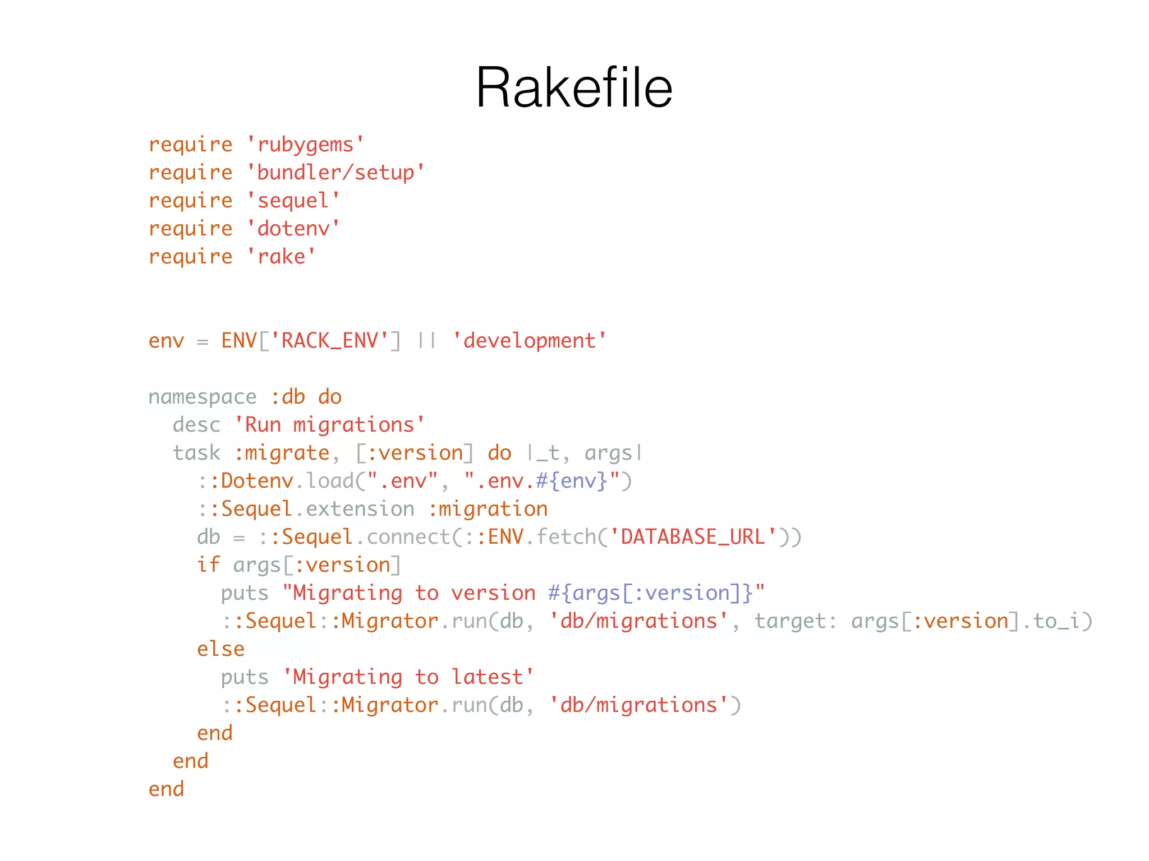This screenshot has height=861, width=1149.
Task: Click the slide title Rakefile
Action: coord(574,87)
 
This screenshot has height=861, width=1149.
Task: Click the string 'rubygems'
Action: coord(306,145)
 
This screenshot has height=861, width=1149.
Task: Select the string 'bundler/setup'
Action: coord(336,173)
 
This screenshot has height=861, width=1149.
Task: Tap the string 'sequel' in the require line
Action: coord(293,201)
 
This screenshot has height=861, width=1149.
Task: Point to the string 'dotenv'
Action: coord(293,229)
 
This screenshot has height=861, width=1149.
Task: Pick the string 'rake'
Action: coord(281,257)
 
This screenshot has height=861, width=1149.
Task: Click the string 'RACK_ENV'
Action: coord(329,341)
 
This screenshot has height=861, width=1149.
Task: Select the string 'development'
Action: coord(530,341)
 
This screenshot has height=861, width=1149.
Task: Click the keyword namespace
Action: coord(203,397)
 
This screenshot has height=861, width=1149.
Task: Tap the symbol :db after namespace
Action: coord(287,397)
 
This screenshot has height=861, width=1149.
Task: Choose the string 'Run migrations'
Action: coord(329,425)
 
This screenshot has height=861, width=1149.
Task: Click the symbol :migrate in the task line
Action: coord(282,453)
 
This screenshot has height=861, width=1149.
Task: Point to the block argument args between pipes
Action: coord(608,453)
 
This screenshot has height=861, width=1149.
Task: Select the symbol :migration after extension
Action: coord(488,509)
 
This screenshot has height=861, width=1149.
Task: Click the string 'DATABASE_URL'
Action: coord(693,537)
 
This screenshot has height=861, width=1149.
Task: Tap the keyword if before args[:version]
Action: coord(208,565)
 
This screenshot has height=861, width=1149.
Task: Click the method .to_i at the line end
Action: coord(1051,621)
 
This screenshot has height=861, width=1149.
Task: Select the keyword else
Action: coord(220,649)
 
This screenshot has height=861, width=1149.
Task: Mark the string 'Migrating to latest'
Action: coord(408,677)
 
